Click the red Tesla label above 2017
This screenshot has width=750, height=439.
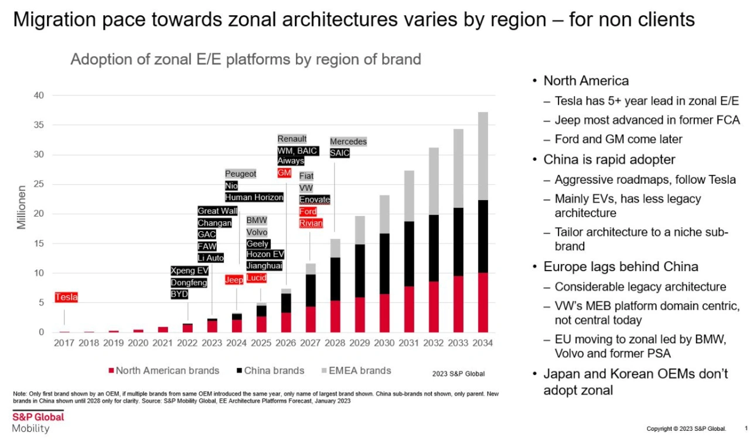66,297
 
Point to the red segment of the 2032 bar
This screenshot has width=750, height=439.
434,307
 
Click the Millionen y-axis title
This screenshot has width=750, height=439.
22,208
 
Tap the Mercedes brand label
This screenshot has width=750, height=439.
348,142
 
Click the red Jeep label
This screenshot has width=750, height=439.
234,280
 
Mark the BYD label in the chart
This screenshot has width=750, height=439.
179,294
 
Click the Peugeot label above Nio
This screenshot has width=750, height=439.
241,174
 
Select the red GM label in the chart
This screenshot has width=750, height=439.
284,173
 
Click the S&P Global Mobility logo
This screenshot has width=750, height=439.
37,421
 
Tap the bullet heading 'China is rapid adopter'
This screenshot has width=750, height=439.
609,160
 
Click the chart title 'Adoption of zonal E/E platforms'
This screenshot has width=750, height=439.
246,59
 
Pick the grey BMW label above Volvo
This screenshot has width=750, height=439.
257,220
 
